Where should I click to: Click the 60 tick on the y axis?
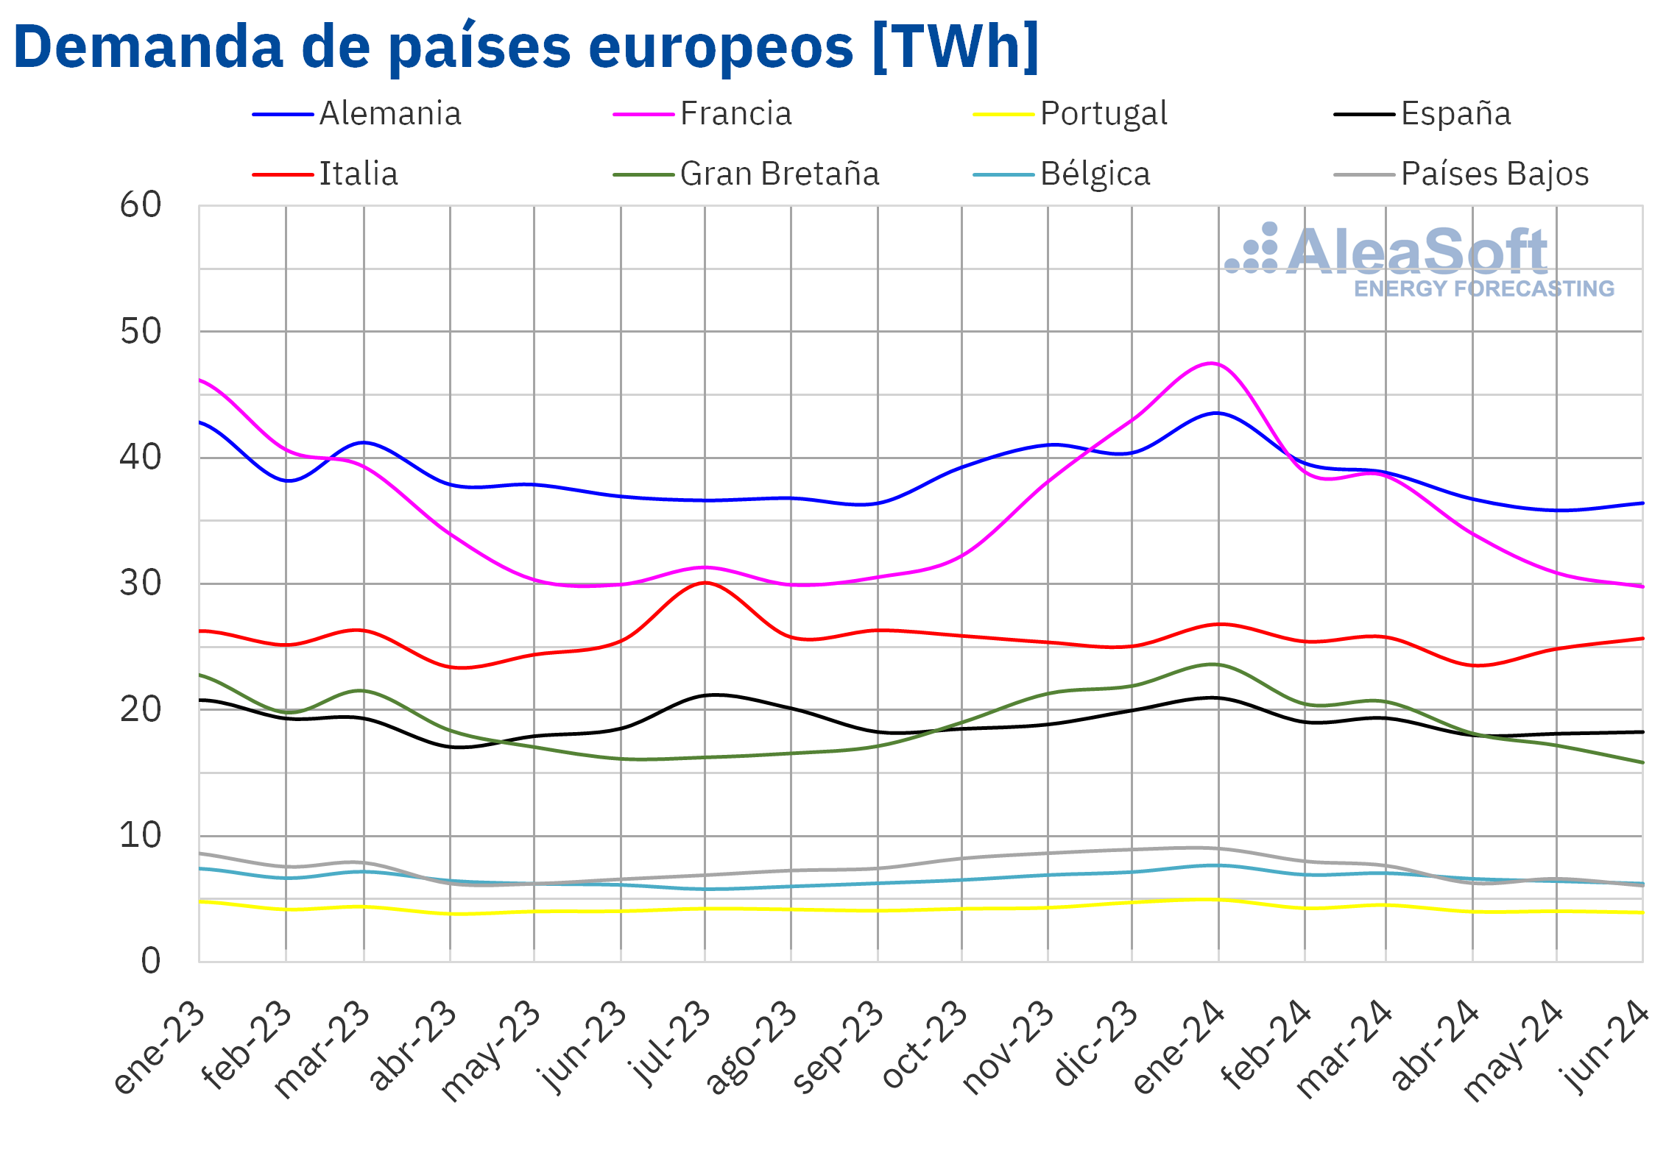pos(141,205)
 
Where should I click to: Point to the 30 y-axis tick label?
pos(141,583)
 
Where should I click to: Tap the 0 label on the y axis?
pos(151,961)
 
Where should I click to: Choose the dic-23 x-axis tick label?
pos(1095,1045)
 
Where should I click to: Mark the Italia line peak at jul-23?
pos(705,583)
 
